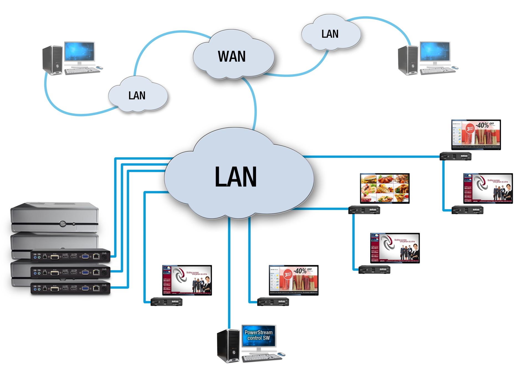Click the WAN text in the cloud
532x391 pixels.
point(232,57)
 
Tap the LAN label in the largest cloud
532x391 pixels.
point(236,177)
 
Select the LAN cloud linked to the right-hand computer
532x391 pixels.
point(330,34)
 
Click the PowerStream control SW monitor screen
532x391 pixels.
point(259,336)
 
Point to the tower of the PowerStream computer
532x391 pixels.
point(228,346)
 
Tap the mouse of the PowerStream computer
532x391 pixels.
point(282,354)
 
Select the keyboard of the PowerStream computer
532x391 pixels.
point(262,358)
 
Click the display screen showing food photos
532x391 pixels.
point(384,188)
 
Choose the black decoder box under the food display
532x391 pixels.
point(364,210)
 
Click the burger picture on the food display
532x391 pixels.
point(369,179)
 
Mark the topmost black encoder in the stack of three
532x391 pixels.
point(71,256)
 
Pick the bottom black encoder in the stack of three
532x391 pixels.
point(71,288)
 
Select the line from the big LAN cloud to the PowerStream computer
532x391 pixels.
point(229,272)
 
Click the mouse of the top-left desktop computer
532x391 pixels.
point(99,68)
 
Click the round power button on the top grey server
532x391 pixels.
point(63,224)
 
